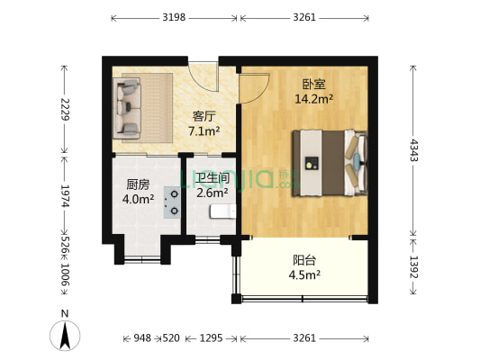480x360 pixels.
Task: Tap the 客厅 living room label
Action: pos(203,116)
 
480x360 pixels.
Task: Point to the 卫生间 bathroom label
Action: pos(213,177)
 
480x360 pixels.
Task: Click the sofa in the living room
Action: pos(126,107)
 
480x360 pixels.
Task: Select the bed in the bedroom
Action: pos(329,162)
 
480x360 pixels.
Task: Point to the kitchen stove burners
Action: pos(170,202)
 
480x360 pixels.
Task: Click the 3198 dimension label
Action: pos(176,18)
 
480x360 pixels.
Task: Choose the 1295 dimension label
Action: pos(212,338)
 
